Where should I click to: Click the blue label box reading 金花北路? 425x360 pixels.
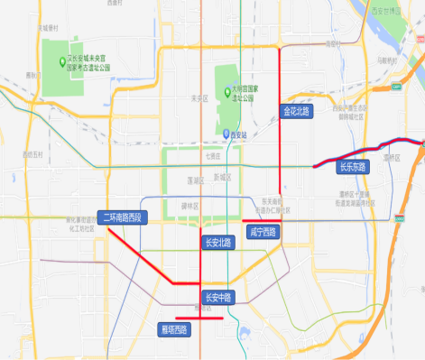pos(296,112)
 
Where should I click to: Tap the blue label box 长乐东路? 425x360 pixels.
pos(353,167)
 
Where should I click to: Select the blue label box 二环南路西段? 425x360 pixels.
pos(122,218)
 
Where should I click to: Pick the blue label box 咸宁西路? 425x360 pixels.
pos(263,232)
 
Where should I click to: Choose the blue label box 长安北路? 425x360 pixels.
pos(217,242)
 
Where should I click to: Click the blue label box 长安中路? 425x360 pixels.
pos(217,297)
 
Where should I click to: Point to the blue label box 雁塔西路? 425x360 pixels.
pos(174,329)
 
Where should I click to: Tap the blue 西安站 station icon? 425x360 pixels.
pos(226,134)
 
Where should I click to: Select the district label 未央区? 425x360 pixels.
pos(200,98)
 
